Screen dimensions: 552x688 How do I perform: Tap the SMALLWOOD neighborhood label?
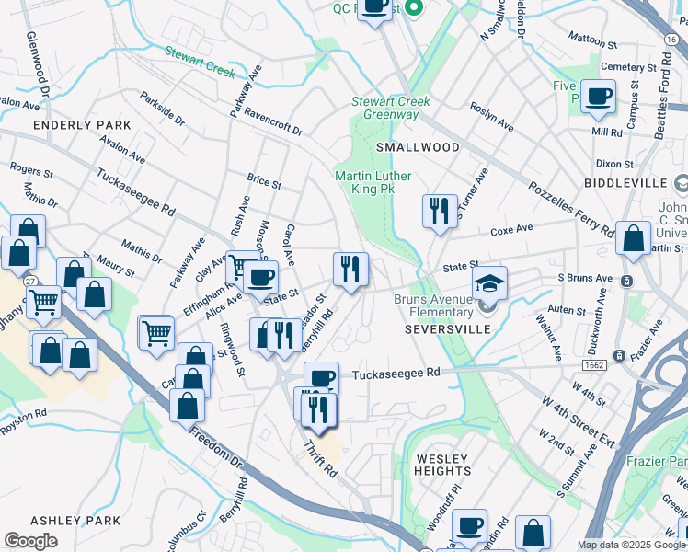[x=417, y=147]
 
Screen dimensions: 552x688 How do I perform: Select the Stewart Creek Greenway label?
[x=385, y=108]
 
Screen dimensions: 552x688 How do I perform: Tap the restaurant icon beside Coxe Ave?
[x=440, y=211]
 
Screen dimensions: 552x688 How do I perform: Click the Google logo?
[x=30, y=541]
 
